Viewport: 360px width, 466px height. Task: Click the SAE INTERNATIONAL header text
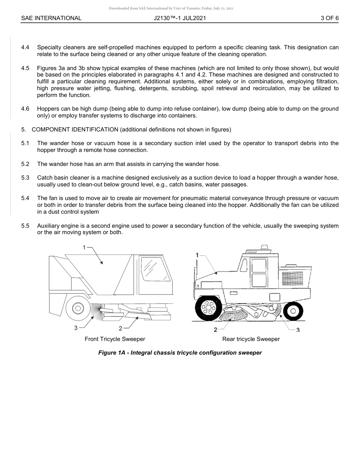51,18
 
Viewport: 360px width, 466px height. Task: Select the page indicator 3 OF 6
329,18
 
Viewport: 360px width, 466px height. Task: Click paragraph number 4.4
25,47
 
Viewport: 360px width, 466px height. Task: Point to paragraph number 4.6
25,109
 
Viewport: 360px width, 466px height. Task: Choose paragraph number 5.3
25,178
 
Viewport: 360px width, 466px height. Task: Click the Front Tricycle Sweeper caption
115,339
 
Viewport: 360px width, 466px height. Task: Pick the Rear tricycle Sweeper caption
251,339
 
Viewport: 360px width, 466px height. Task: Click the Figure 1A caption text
180,353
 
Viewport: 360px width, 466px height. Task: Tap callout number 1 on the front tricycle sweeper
85,247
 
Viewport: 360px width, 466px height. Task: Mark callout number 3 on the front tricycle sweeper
76,328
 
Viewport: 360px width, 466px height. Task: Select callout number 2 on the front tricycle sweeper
121,328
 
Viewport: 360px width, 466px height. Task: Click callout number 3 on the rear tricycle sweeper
298,330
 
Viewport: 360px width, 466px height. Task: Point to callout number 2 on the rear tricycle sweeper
215,330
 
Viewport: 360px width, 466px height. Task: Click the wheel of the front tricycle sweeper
78,308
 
